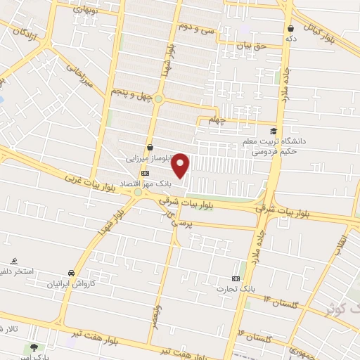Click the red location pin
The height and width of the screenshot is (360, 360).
pos(181,165)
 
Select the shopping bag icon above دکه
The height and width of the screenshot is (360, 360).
pos(290,28)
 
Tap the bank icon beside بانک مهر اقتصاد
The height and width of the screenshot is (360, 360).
pos(146,172)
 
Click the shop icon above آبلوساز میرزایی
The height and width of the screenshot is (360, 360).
pos(149,148)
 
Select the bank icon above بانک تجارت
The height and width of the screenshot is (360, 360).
pos(236,279)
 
